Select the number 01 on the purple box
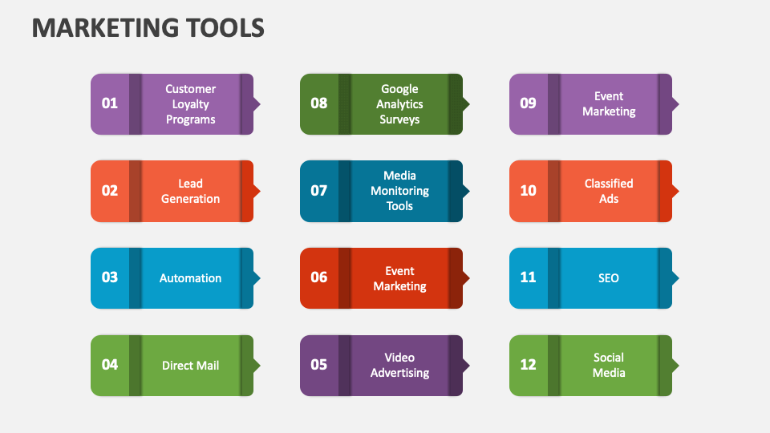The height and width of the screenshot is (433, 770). click(x=110, y=103)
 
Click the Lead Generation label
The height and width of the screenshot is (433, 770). click(x=190, y=191)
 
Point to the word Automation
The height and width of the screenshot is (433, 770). click(x=190, y=278)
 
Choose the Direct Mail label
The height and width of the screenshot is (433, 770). click(x=190, y=366)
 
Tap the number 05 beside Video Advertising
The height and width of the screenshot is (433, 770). click(x=319, y=365)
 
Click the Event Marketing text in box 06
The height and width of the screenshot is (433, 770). click(x=399, y=278)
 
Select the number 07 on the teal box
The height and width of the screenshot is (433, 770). click(x=319, y=191)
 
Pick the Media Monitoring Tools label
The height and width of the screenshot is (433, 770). click(x=399, y=191)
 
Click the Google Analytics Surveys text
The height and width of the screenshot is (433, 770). click(x=399, y=104)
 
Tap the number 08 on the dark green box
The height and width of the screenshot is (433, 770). click(x=319, y=103)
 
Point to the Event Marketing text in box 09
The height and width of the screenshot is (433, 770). click(x=609, y=103)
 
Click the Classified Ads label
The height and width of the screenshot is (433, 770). click(x=609, y=191)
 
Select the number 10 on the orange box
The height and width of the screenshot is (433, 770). click(x=528, y=191)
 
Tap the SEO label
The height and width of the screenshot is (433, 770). click(x=609, y=278)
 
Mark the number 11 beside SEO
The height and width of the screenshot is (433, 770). click(x=528, y=277)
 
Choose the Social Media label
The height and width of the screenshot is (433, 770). click(x=609, y=365)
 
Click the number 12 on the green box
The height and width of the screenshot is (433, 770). click(x=528, y=365)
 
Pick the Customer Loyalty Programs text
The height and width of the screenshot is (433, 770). click(x=190, y=104)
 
